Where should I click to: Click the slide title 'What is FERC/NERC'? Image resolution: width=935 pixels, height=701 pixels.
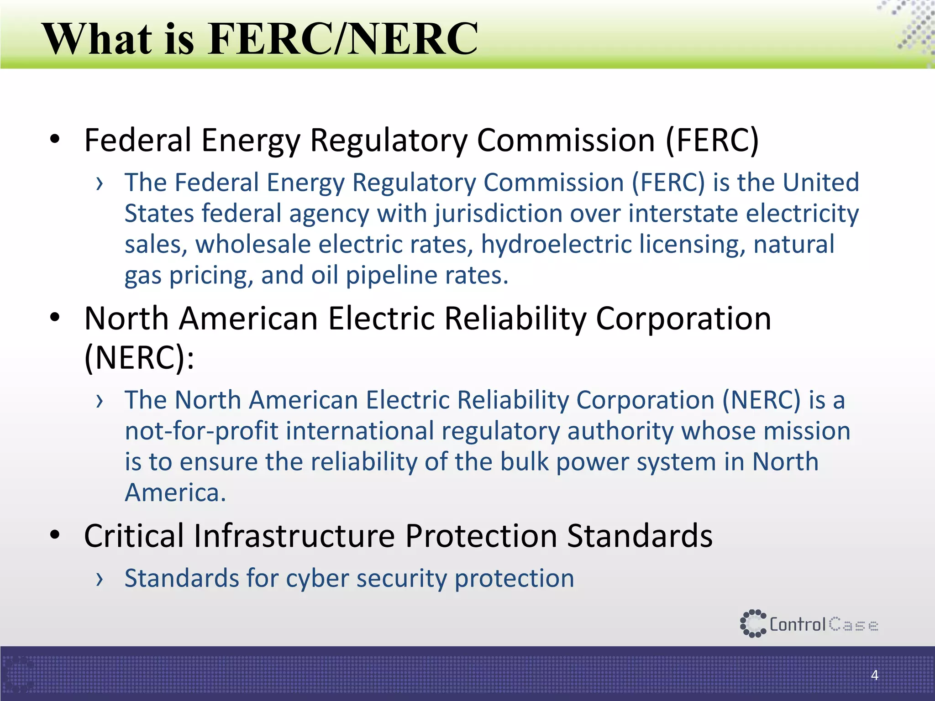260,39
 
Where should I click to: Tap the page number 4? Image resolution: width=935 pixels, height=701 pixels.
874,675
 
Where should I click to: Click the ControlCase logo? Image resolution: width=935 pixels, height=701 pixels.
809,624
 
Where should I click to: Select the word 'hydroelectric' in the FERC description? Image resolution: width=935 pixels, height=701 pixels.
556,244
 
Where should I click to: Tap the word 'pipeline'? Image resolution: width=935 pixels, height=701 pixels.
391,275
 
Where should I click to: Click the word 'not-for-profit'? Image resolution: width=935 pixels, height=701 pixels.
201,431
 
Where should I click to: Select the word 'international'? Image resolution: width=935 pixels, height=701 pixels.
360,431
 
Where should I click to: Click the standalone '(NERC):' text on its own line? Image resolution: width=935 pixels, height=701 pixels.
140,357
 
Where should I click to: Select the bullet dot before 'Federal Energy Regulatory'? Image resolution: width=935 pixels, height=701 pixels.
55,139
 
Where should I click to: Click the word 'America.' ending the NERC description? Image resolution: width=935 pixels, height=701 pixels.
175,493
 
